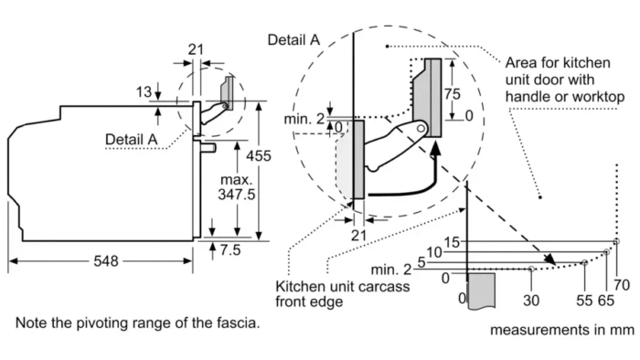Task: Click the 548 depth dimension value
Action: pos(106,261)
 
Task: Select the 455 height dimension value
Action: pos(259,155)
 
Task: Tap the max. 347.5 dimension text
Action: pos(236,187)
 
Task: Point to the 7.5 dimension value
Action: pos(230,249)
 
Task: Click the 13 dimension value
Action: pos(144,92)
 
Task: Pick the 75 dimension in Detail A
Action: pos(452,94)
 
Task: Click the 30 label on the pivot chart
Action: pos(531,301)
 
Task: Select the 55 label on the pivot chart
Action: pos(584,301)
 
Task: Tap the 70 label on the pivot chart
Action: pos(622,285)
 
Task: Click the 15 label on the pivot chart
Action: pos(452,242)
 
